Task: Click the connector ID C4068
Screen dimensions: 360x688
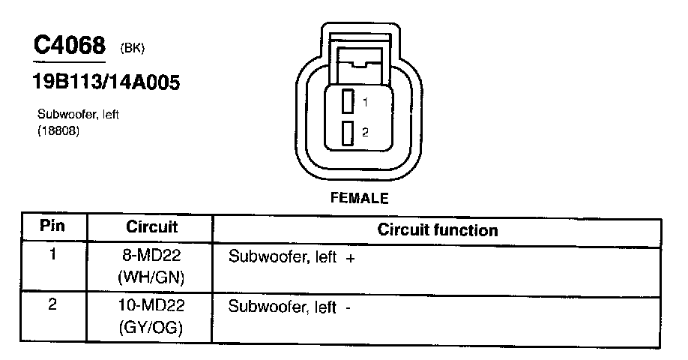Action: pyautogui.click(x=69, y=46)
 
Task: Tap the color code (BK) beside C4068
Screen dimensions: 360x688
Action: pyautogui.click(x=132, y=49)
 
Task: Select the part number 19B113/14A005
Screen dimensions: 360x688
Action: pyautogui.click(x=106, y=82)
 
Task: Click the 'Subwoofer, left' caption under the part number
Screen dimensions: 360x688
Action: pyautogui.click(x=79, y=115)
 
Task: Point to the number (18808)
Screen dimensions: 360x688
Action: pyautogui.click(x=58, y=131)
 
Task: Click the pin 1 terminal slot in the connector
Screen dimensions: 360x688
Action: pyautogui.click(x=348, y=101)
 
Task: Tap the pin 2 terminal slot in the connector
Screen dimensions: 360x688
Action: pyautogui.click(x=348, y=133)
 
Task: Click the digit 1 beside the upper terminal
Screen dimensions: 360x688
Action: pyautogui.click(x=364, y=101)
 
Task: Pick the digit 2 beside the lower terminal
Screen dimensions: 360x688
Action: pyautogui.click(x=364, y=133)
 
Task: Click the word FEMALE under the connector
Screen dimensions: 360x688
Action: pyautogui.click(x=360, y=199)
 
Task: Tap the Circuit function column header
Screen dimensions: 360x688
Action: pyautogui.click(x=438, y=229)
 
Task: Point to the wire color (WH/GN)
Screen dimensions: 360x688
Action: pyautogui.click(x=151, y=277)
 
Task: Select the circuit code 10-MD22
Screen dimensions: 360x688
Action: pyautogui.click(x=151, y=307)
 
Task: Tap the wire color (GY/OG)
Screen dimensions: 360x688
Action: pyautogui.click(x=151, y=328)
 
